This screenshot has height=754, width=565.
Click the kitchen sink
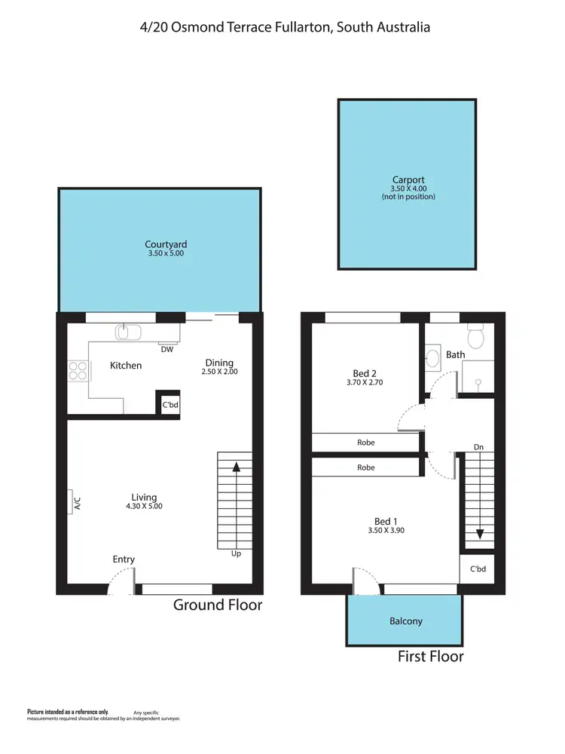coord(124,332)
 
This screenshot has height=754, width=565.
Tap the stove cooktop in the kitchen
coord(78,369)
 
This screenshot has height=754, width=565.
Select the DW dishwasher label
coord(167,349)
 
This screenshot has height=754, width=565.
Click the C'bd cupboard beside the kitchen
coord(169,405)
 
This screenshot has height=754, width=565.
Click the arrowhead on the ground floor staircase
coord(237,467)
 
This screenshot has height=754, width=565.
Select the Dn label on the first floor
coord(478,447)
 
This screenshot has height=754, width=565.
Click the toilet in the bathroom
coord(475,333)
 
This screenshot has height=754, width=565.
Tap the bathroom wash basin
coord(432,357)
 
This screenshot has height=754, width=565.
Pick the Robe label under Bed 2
coord(366,443)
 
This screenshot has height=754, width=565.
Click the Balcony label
coord(405,621)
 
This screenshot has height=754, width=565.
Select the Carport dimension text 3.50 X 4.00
coord(408,188)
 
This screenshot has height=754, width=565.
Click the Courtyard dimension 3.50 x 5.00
coord(166,254)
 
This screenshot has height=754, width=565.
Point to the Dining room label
coord(219,363)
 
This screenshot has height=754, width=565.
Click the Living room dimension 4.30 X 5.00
coord(144,507)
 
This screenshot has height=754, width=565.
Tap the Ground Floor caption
coord(218,605)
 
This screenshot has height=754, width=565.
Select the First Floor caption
coord(430,656)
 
